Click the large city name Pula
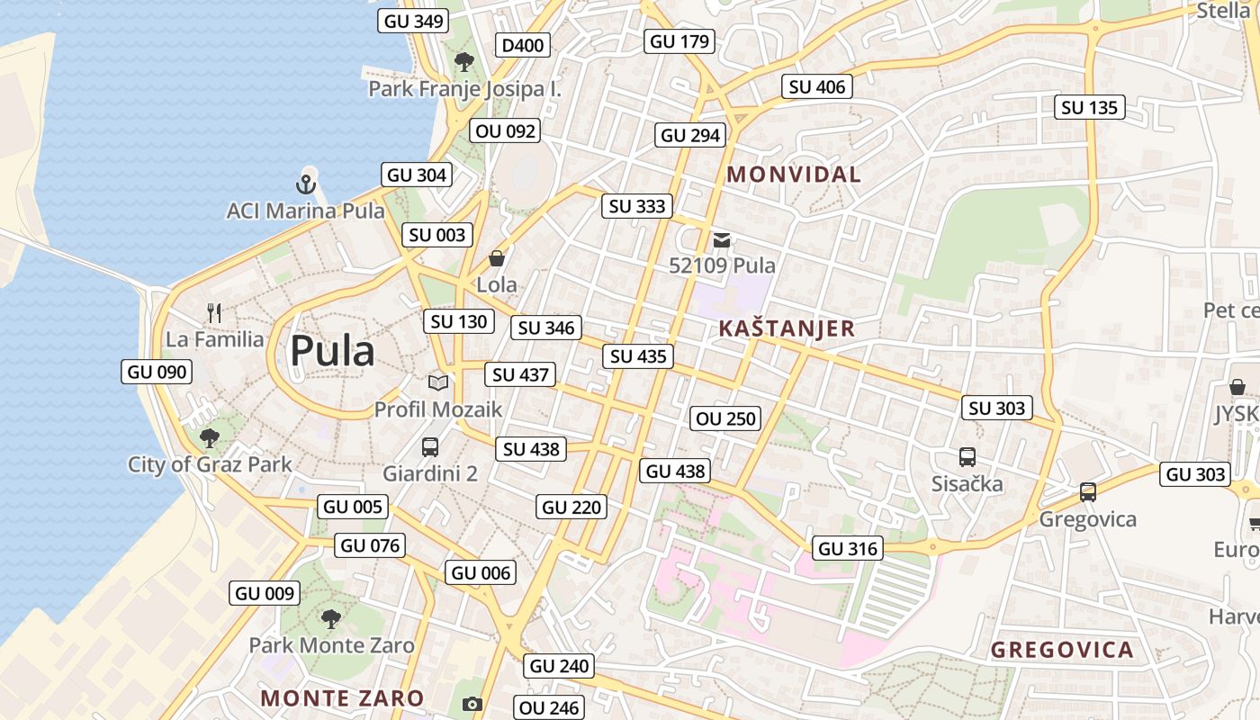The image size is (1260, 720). (332, 351)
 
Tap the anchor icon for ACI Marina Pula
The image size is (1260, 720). (306, 184)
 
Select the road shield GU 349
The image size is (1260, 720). (414, 21)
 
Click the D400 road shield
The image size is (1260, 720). (524, 45)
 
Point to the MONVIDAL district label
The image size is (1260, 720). (794, 175)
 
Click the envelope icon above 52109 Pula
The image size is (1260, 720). (722, 240)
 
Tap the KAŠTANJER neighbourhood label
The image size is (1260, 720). (787, 328)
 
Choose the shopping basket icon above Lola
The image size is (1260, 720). (496, 259)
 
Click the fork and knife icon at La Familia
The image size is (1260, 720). (214, 313)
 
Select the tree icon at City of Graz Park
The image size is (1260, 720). (210, 438)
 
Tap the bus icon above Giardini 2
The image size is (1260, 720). (430, 446)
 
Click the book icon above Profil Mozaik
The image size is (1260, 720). (438, 382)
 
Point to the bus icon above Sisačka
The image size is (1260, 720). (967, 457)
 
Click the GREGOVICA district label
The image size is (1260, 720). (1062, 650)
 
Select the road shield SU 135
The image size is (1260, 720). (1089, 108)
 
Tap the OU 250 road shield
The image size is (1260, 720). (725, 418)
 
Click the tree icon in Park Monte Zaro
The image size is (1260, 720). (331, 618)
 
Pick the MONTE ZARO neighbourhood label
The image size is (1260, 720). (342, 697)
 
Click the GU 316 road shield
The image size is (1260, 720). (848, 548)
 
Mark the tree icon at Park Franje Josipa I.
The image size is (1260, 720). (464, 62)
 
